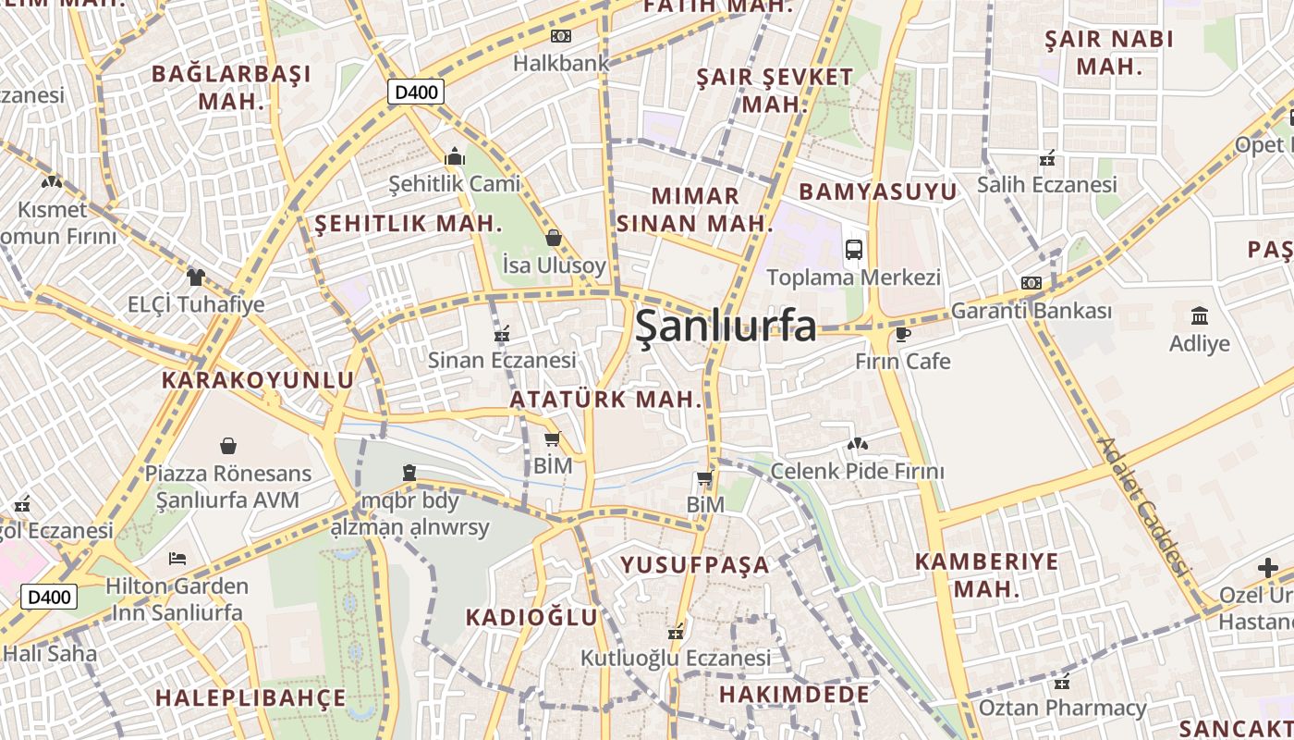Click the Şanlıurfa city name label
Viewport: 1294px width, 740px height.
tap(726, 327)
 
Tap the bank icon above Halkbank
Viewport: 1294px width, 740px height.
tap(561, 36)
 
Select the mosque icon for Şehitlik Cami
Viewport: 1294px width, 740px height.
tap(454, 156)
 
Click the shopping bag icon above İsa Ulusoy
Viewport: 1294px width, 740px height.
tap(554, 238)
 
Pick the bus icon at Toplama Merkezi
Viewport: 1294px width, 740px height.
tap(854, 249)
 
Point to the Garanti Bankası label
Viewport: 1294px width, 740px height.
tap(1032, 311)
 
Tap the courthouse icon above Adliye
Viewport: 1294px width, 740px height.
tap(1200, 315)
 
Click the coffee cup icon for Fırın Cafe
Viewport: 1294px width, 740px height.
tap(903, 334)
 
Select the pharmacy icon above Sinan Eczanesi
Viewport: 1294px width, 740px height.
tap(502, 333)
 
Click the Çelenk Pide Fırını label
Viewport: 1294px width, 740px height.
tap(857, 472)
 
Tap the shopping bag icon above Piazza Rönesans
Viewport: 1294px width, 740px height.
tap(228, 446)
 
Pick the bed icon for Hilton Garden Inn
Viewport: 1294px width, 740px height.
tap(177, 559)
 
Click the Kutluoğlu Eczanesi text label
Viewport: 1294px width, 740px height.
tap(675, 658)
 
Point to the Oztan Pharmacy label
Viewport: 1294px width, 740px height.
tap(1062, 709)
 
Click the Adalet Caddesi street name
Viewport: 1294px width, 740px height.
tap(1141, 505)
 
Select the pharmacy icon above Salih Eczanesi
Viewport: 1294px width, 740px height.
tap(1047, 157)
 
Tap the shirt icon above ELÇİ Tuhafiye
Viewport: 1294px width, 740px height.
tap(195, 277)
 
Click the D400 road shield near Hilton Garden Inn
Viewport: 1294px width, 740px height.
tap(49, 597)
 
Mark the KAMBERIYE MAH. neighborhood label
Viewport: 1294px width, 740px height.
tap(986, 574)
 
